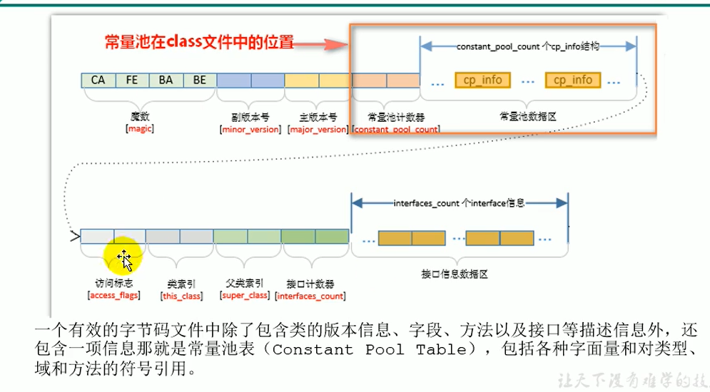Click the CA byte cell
pyautogui.click(x=98, y=80)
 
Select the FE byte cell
pyautogui.click(x=131, y=80)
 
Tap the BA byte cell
pyautogui.click(x=166, y=80)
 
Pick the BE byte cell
pyautogui.click(x=199, y=80)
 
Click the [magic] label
pyautogui.click(x=140, y=129)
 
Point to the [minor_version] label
pyautogui.click(x=250, y=130)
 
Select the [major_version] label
pyautogui.click(x=318, y=130)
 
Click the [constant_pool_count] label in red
pyautogui.click(x=397, y=130)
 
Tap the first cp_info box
pyautogui.click(x=482, y=80)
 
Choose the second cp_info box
pyautogui.click(x=572, y=80)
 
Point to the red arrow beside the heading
pyautogui.click(x=320, y=44)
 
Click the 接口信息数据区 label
pyautogui.click(x=460, y=273)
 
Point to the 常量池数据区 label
pyautogui.click(x=528, y=114)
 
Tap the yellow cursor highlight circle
pyautogui.click(x=123, y=259)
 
